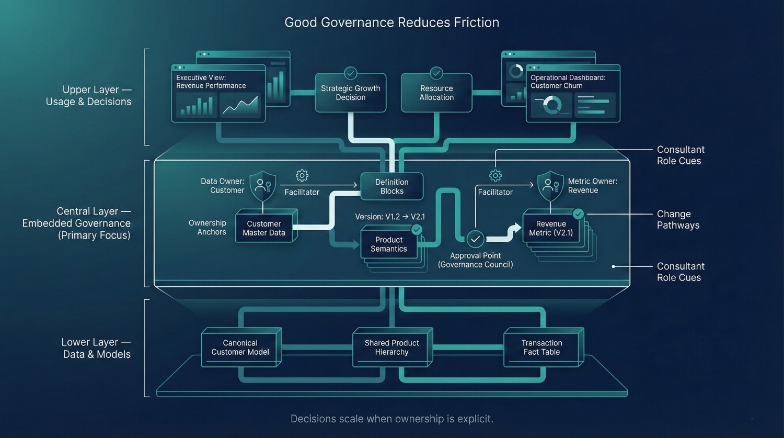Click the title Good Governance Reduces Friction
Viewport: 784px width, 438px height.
[x=391, y=23]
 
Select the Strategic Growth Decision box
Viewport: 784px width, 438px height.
[x=350, y=93]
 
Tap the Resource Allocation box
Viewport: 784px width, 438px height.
[x=436, y=93]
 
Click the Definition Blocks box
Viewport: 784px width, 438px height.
[x=391, y=186]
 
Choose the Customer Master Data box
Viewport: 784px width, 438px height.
[x=264, y=228]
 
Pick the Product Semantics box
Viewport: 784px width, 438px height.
[x=389, y=244]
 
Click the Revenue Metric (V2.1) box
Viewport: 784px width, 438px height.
[x=551, y=228]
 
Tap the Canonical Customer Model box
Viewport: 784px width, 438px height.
[x=240, y=347]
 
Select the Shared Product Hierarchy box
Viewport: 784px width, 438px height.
[x=391, y=347]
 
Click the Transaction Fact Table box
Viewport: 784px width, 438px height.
[x=541, y=347]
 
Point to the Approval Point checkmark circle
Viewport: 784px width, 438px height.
[x=475, y=239]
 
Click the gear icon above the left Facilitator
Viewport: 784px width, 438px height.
[x=302, y=175]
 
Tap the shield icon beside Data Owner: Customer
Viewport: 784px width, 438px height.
[x=262, y=186]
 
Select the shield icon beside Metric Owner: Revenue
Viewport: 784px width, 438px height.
[x=550, y=185]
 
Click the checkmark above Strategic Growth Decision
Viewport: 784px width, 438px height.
[x=350, y=73]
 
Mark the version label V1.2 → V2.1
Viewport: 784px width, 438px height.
[x=390, y=217]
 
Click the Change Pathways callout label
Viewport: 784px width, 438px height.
[x=678, y=220]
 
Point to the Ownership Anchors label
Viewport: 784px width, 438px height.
[x=207, y=228]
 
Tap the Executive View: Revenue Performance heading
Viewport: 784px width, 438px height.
[x=211, y=82]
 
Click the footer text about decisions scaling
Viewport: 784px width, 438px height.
[x=391, y=419]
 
